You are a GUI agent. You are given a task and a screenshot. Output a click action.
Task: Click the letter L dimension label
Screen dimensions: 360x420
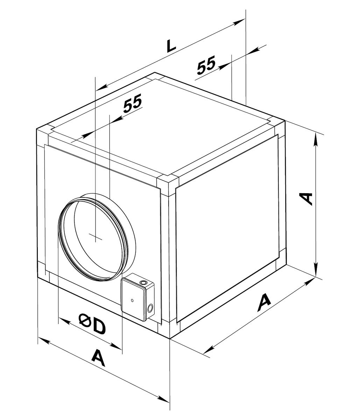[171, 46]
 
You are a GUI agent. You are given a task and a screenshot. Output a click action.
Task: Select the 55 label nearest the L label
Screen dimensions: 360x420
[206, 65]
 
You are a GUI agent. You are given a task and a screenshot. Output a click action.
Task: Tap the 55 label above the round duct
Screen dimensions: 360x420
[133, 103]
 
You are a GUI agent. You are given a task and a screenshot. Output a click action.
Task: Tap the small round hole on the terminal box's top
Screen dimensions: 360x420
[143, 282]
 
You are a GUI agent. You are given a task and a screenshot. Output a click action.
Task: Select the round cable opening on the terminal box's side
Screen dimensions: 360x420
[150, 308]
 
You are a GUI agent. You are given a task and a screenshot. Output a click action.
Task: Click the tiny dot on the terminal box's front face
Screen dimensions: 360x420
[132, 300]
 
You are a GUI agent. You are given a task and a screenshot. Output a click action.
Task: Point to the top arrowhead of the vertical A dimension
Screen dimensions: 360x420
[316, 139]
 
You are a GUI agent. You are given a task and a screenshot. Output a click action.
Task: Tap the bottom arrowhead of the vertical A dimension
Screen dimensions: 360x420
[316, 269]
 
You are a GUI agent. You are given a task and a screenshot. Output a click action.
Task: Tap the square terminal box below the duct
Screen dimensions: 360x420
[138, 297]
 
